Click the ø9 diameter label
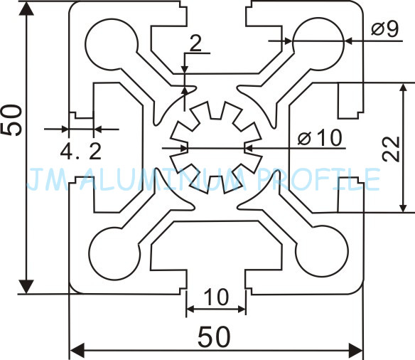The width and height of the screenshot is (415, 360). (x=384, y=28)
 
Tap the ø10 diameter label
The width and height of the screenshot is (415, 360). (x=320, y=138)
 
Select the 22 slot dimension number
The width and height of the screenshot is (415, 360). (x=391, y=149)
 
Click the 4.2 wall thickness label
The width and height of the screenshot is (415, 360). (x=81, y=152)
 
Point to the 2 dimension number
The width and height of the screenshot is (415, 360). (x=195, y=43)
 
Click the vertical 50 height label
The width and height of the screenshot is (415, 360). (x=12, y=120)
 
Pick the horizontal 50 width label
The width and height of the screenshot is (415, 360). (x=214, y=337)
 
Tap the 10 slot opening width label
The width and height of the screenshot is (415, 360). (x=216, y=297)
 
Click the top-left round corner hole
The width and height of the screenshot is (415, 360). (x=112, y=44)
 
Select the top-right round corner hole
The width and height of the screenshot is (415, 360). (x=318, y=43)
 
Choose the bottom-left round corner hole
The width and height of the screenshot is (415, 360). (x=114, y=253)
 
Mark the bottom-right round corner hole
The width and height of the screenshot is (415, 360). (x=321, y=251)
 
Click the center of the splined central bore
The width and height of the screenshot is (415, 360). (x=216, y=147)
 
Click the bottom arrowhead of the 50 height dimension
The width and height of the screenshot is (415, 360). (x=26, y=287)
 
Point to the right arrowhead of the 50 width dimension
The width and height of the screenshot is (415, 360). (x=355, y=351)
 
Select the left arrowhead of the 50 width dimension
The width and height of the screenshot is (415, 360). (x=77, y=351)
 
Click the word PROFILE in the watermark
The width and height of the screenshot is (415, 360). (x=318, y=179)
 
